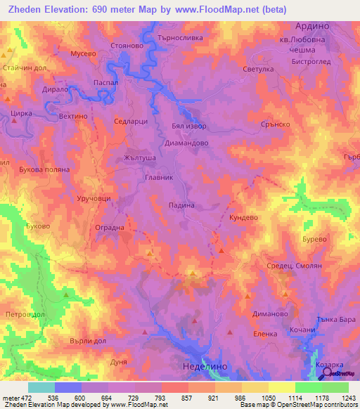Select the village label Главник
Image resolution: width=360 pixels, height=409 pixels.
coord(158,178)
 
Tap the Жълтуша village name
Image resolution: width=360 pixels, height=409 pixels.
coord(139,158)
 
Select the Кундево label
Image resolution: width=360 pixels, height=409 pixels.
coord(246,219)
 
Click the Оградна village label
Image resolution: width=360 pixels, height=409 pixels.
coord(109,228)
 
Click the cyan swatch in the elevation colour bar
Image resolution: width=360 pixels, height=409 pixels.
coord(41,387)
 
